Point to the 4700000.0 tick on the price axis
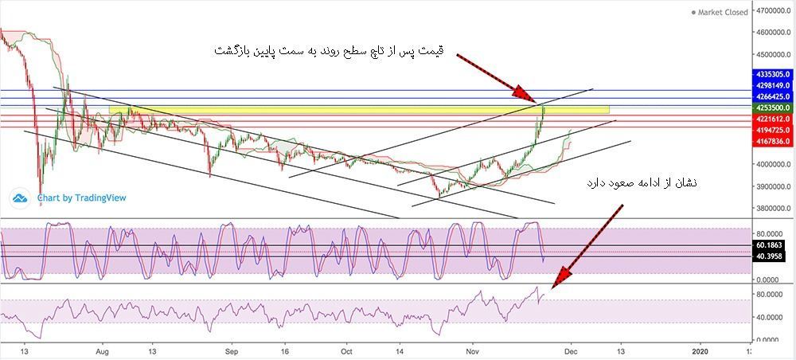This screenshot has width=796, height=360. click(775, 10)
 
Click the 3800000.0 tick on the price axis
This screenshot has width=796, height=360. click(775, 209)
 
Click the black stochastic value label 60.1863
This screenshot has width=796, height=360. click(771, 245)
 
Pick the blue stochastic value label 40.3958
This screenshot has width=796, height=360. click(771, 256)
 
